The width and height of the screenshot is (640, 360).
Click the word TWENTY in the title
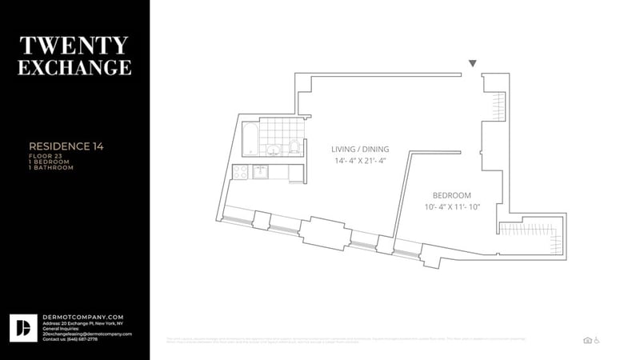coord(74,44)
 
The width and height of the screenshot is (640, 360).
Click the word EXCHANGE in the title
coord(74,66)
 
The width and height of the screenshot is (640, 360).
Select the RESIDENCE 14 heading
coord(66,146)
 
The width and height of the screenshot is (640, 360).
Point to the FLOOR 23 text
coord(46,155)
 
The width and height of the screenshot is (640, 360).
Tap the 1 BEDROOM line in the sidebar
coord(50,162)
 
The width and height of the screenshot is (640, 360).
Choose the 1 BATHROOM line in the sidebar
coord(51,168)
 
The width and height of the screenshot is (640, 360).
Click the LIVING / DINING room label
coord(360,149)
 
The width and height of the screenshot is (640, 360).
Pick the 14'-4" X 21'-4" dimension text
coord(360,161)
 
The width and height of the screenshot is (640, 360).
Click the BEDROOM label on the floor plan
coord(452,195)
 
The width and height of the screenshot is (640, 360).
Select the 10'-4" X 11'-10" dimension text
coord(452,208)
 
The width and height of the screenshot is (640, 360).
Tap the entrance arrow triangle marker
coord(473,63)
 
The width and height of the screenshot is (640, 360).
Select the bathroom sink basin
coord(274,149)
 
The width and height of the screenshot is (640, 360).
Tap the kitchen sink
coord(261,170)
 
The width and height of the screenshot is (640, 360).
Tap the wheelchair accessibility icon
coord(597,340)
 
